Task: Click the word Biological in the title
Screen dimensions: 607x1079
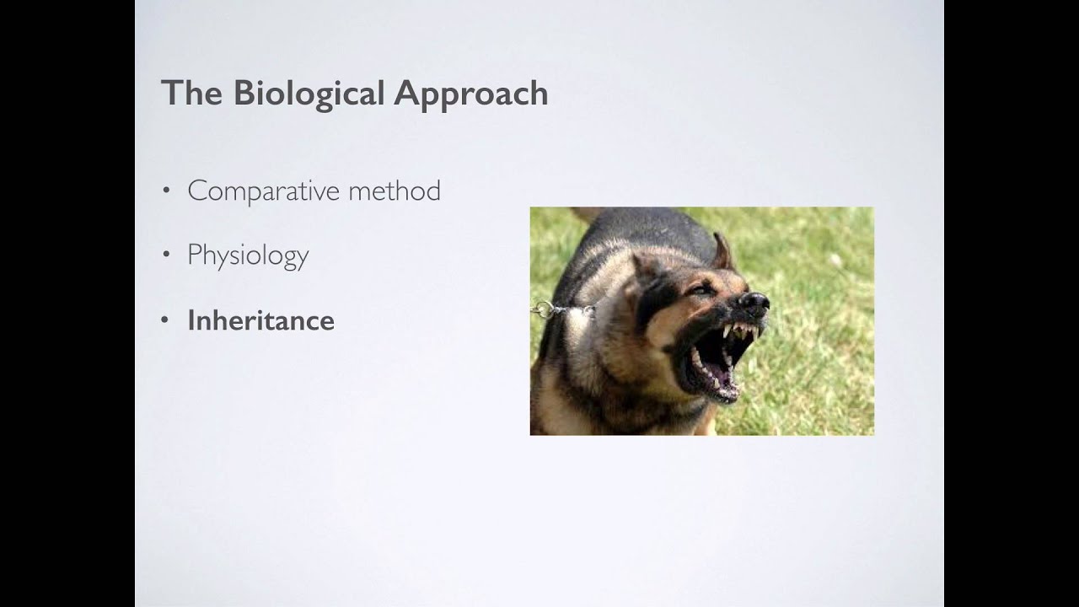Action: click(x=309, y=94)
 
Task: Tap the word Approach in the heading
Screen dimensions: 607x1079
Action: click(x=471, y=94)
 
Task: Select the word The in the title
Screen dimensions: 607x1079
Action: click(x=192, y=93)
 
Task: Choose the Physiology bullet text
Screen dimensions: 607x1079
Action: click(x=248, y=255)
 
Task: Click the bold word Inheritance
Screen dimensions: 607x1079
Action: click(x=260, y=320)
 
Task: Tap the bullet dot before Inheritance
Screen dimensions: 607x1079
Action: click(x=166, y=320)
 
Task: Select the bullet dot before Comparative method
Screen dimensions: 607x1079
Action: click(x=166, y=191)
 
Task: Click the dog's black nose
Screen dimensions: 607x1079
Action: click(x=754, y=302)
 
